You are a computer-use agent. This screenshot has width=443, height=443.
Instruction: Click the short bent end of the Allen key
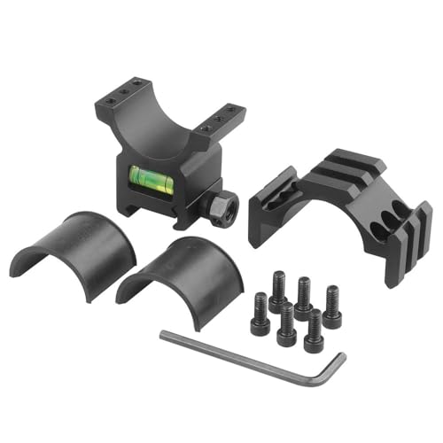pyautogui.click(x=333, y=368)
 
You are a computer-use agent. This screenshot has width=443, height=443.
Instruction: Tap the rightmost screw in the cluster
pyautogui.click(x=332, y=306)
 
